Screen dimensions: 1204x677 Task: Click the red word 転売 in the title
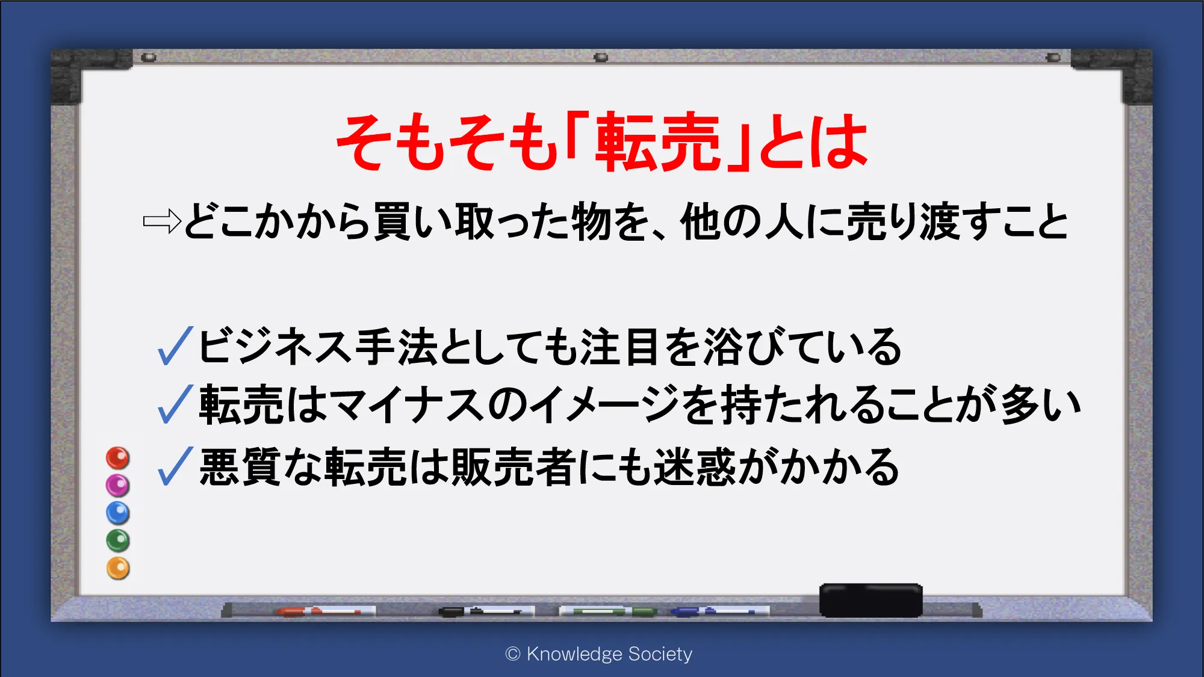[657, 141]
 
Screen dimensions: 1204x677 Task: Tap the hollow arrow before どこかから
[162, 221]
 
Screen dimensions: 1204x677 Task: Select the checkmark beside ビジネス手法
[175, 346]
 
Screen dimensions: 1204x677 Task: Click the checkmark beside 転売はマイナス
[175, 404]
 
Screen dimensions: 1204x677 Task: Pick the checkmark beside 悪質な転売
[175, 466]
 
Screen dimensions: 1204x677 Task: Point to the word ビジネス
[275, 346]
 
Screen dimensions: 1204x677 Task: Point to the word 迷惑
[695, 466]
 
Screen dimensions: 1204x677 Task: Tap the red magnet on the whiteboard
[118, 458]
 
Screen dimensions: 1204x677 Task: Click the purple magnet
[118, 485]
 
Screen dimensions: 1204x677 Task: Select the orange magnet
[118, 568]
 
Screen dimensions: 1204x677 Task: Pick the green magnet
[118, 540]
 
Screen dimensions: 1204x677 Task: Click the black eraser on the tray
[870, 599]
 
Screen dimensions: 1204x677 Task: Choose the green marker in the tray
[608, 611]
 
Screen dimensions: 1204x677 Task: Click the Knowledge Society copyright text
[599, 654]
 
